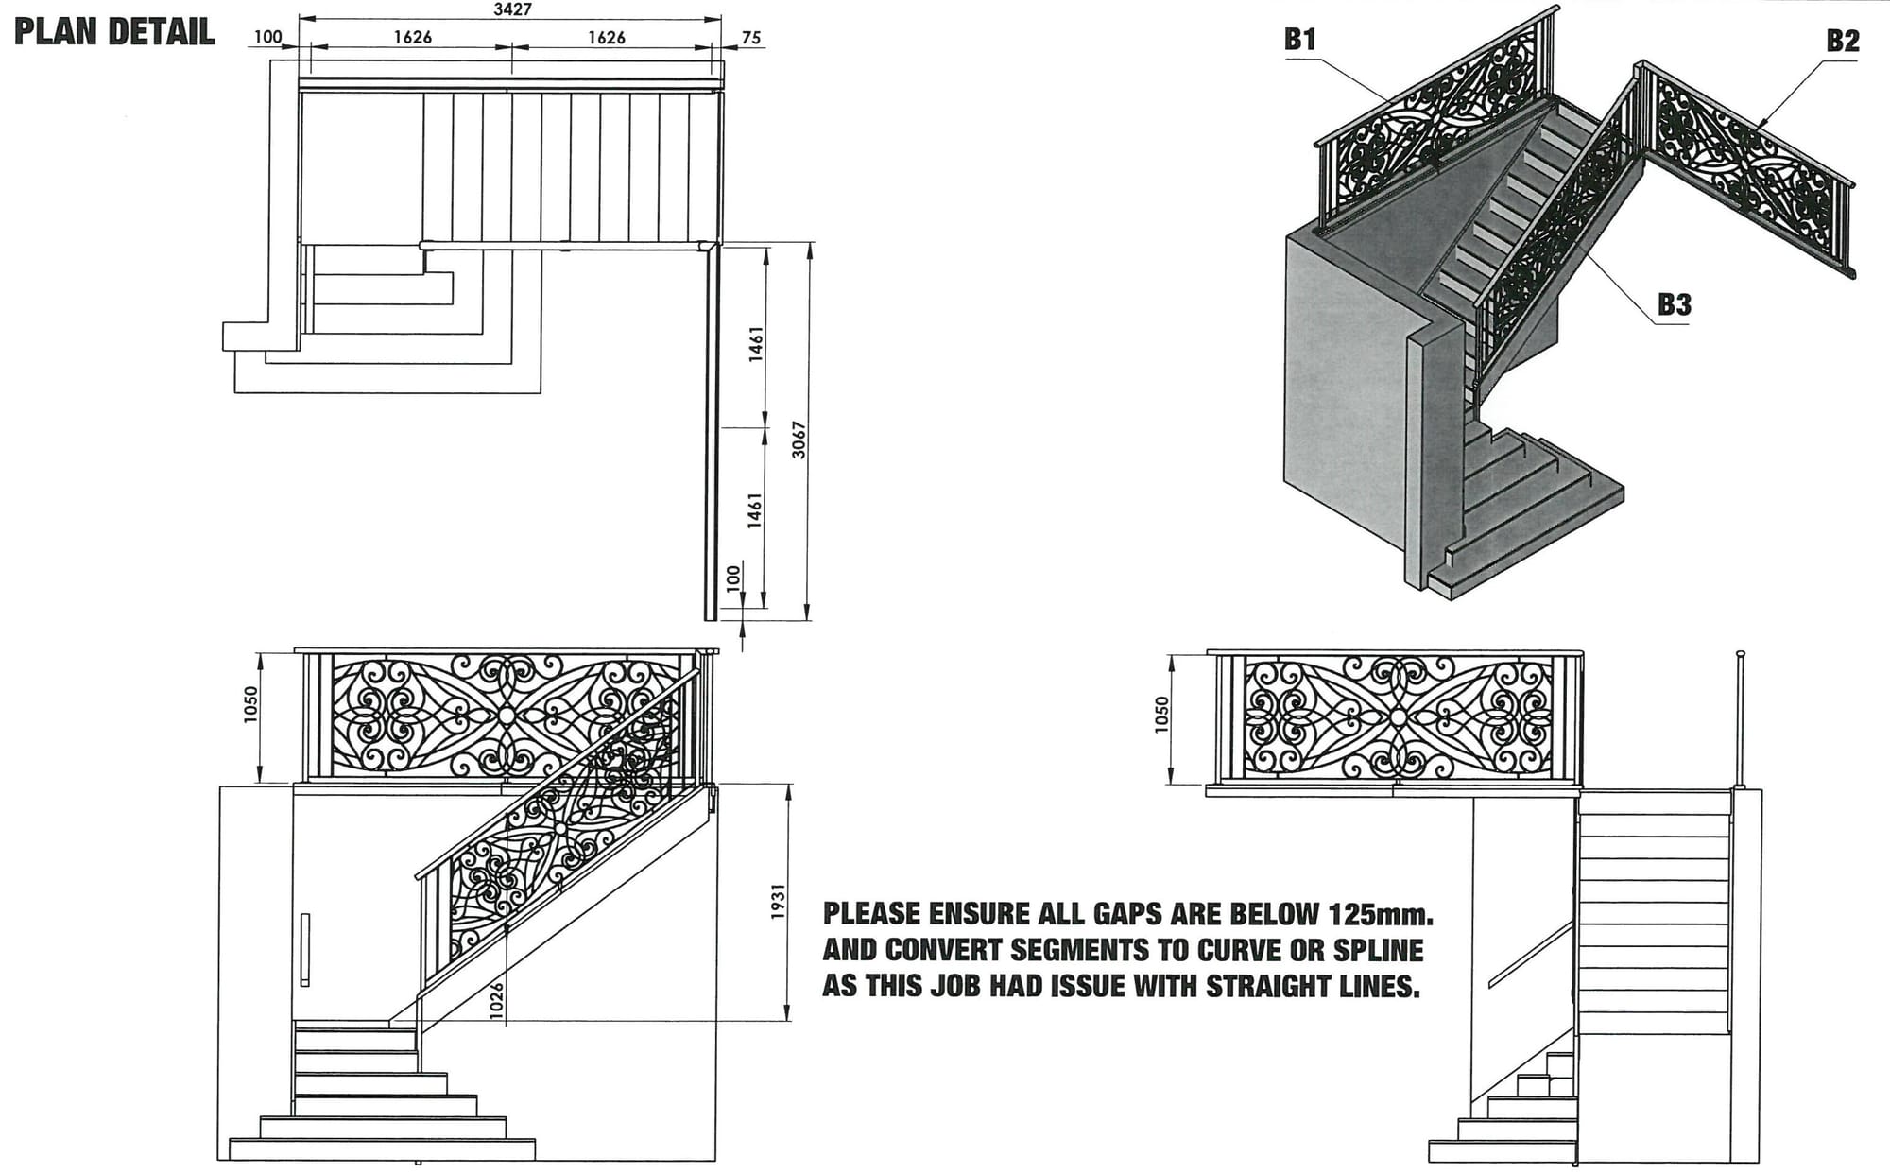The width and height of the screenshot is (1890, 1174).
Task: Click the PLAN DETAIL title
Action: tap(114, 32)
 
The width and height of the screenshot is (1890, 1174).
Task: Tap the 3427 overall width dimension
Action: tap(513, 9)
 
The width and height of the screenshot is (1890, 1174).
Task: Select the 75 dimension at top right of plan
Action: tap(751, 38)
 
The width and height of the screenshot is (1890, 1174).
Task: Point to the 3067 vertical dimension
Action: tap(799, 440)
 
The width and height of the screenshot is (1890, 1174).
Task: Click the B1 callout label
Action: tap(1300, 39)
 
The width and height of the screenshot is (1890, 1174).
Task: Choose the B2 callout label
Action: tap(1842, 41)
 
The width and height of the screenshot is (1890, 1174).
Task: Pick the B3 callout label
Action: tap(1674, 304)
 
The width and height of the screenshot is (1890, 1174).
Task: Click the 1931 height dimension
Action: tap(779, 903)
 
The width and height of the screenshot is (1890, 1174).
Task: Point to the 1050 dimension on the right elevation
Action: tap(1162, 715)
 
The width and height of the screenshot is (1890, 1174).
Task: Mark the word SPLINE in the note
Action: tap(1378, 950)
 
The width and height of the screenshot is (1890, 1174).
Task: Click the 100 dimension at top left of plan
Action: tap(268, 37)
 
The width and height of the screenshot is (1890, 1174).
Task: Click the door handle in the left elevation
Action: tap(304, 950)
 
